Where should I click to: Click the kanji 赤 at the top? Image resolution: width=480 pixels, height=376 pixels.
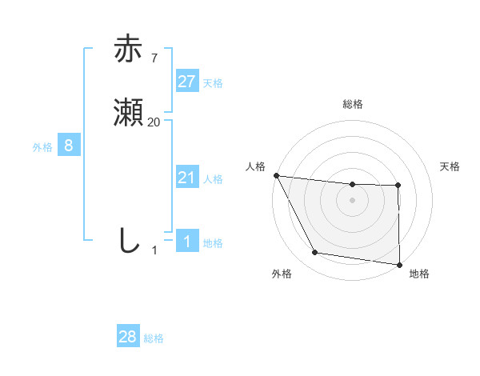click(129, 50)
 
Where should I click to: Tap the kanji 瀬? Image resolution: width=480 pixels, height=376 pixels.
click(129, 114)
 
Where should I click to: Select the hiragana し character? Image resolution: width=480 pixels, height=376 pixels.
click(129, 241)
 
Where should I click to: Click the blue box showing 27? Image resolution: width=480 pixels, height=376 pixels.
click(186, 82)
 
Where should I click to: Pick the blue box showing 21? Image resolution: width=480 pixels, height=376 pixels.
click(186, 178)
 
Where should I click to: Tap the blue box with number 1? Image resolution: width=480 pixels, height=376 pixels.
click(186, 242)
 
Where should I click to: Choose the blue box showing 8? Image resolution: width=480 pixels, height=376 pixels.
click(69, 146)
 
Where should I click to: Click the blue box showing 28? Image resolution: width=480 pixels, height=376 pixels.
click(128, 337)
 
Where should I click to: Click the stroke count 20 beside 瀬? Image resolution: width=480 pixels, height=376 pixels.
click(154, 122)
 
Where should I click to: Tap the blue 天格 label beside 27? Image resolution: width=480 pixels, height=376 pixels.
click(213, 82)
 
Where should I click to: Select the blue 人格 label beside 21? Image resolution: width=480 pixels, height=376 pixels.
click(213, 178)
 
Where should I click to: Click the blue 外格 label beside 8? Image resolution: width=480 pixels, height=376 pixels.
click(42, 146)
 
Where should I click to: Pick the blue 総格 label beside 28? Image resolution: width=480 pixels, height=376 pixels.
click(154, 338)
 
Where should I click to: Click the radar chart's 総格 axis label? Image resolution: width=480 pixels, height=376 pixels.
click(352, 104)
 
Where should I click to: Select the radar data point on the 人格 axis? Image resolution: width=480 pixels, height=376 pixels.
click(276, 175)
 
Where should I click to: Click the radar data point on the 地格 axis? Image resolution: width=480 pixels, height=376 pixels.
click(398, 264)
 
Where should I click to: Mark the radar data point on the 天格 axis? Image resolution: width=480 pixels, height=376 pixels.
click(398, 186)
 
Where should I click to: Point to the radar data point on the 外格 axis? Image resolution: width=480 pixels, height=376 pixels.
click(315, 254)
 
